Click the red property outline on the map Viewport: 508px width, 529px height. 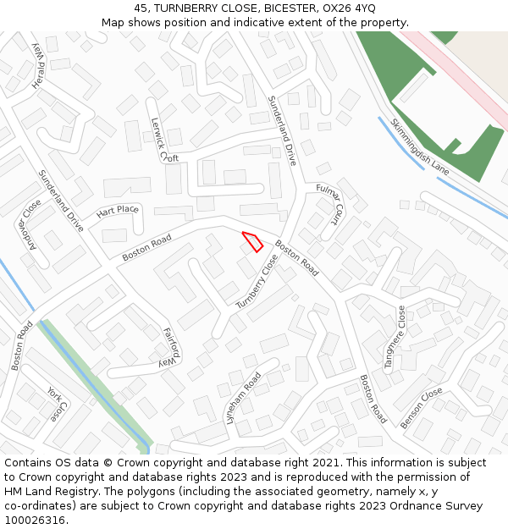point(253,241)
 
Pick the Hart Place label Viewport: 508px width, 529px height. point(117,211)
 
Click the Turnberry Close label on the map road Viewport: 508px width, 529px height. point(257,281)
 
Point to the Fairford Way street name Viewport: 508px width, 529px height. point(171,345)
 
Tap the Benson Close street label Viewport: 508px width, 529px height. point(422,408)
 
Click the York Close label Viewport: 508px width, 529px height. point(55,405)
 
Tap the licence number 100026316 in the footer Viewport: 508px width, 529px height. point(34,520)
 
